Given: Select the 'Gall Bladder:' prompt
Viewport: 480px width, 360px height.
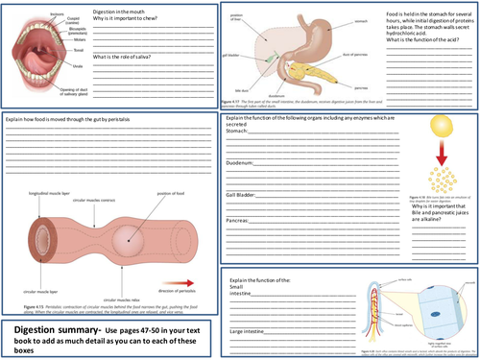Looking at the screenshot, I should click(248, 193).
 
